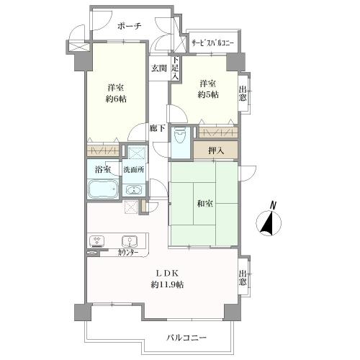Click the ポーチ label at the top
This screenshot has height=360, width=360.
coord(129,27)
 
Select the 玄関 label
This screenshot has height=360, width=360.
coord(158,69)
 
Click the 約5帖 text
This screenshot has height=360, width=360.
coord(208,95)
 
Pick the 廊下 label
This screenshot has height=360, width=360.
coord(158,129)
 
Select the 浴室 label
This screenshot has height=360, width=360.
coord(103,170)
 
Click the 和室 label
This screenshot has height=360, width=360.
coord(204,204)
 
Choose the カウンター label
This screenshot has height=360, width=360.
coord(129,253)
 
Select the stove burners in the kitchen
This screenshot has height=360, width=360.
coord(96,240)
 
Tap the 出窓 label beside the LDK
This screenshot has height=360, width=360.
coord(245,277)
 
